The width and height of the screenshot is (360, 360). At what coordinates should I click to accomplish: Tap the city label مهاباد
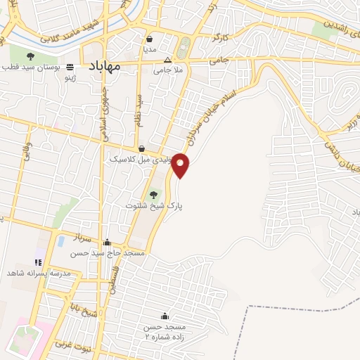[104, 66]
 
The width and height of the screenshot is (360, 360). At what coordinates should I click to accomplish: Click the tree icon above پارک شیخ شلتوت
[154, 195]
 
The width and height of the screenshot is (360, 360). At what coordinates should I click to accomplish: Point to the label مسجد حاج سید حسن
[113, 252]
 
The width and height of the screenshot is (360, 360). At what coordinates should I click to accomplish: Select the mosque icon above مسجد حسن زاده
[165, 316]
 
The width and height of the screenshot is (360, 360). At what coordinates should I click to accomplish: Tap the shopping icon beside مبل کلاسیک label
[143, 149]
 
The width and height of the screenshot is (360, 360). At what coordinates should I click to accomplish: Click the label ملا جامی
[168, 70]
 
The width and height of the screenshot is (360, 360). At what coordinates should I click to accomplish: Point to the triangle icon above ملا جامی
[167, 60]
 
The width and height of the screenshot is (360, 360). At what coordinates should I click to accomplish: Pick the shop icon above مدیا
[150, 39]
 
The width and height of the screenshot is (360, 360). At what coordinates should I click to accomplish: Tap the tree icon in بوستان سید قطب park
[30, 56]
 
